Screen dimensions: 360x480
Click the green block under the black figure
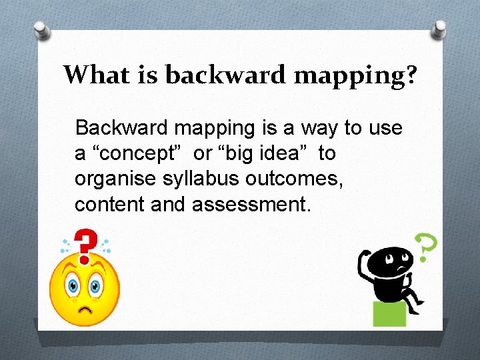389,313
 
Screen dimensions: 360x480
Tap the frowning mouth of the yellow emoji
85,310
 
